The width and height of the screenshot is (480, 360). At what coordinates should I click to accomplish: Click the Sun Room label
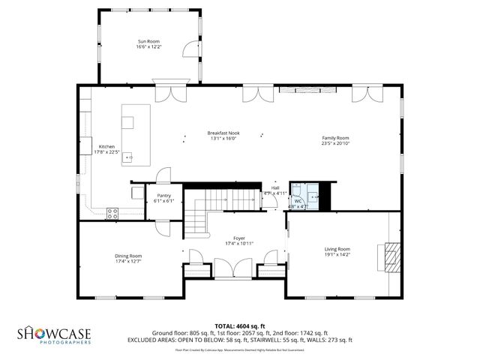[148, 41]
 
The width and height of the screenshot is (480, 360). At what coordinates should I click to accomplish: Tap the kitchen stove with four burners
[112, 212]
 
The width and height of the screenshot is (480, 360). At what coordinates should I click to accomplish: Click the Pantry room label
[163, 196]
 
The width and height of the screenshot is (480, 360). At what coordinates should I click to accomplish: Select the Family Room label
[335, 138]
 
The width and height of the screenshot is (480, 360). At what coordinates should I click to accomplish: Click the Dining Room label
[128, 256]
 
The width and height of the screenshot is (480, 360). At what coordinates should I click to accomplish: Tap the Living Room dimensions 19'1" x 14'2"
[337, 254]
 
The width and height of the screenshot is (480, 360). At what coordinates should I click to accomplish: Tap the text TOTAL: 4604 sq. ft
[239, 326]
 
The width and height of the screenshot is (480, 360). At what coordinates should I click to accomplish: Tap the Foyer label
[239, 238]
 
